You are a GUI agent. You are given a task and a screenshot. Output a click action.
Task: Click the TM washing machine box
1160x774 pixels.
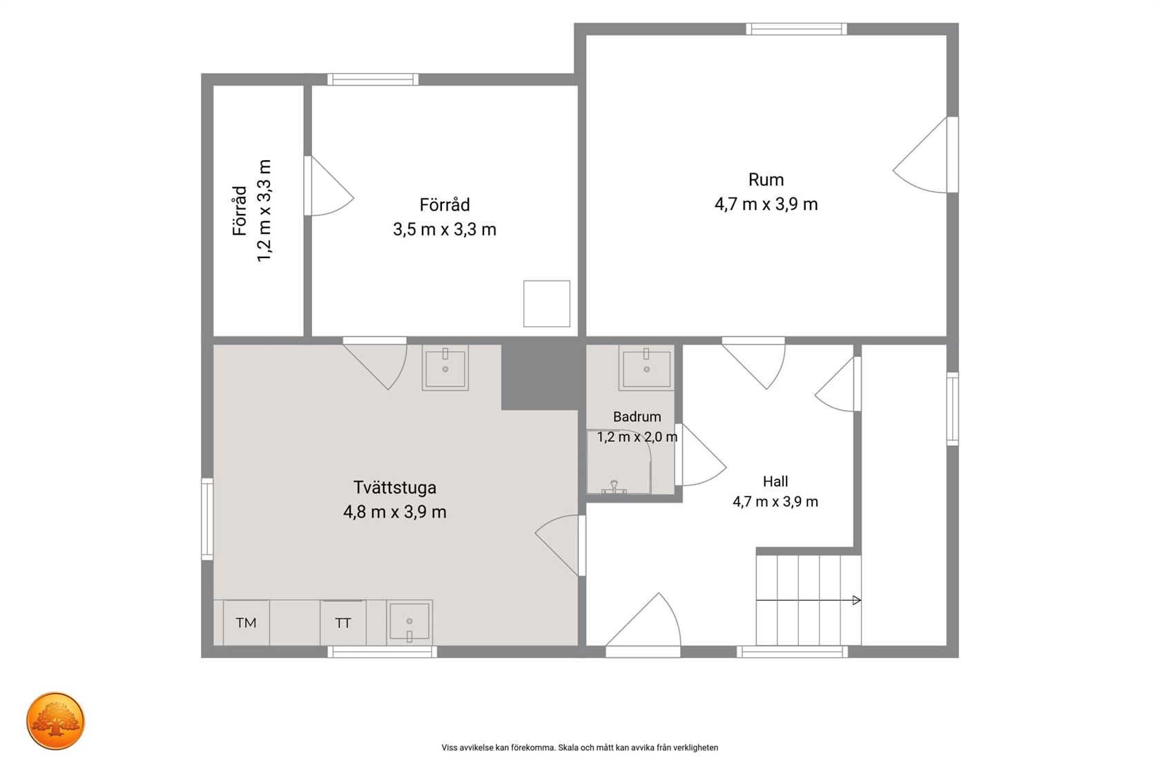(246, 622)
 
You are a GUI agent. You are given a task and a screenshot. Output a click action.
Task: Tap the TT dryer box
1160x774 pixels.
(342, 623)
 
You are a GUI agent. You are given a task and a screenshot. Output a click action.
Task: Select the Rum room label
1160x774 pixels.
(766, 180)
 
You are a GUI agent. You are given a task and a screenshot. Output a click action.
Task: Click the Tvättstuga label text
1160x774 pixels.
(395, 487)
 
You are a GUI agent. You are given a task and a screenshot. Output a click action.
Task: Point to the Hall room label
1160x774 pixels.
(775, 481)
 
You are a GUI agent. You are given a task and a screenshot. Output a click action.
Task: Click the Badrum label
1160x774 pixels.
(637, 417)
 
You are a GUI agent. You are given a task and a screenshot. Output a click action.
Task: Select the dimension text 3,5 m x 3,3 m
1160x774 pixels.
(445, 229)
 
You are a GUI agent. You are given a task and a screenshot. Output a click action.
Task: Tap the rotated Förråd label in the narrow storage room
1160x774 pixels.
(239, 211)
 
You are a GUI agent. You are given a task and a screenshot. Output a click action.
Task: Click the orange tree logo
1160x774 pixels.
(55, 721)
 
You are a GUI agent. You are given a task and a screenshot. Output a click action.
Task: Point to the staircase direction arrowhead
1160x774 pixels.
(856, 601)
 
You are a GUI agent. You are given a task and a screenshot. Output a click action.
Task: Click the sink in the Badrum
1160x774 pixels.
(646, 368)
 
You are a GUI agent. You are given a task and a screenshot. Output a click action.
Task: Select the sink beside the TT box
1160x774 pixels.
(409, 622)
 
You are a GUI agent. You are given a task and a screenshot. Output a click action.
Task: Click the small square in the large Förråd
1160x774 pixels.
(546, 304)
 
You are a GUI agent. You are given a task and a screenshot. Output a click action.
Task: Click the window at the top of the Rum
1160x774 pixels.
(797, 29)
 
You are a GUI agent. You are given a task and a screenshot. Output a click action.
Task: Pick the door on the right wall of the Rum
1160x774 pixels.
(925, 155)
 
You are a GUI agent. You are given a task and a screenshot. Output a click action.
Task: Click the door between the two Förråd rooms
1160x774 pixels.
(329, 186)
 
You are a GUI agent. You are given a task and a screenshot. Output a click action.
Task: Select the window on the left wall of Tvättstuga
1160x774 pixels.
(207, 519)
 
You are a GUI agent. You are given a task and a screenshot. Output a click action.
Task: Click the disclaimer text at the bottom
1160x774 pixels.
(579, 748)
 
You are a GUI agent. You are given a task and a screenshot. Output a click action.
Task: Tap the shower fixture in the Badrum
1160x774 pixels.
(615, 487)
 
